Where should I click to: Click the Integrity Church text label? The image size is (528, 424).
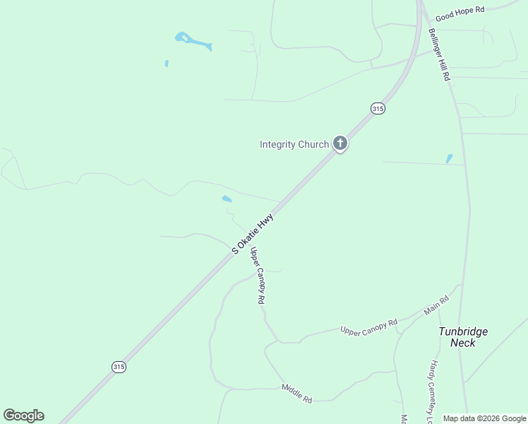(x=294, y=144)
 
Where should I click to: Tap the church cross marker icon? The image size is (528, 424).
(x=340, y=144)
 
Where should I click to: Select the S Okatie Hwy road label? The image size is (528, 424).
(x=252, y=235)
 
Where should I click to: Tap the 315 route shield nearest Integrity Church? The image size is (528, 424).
(x=378, y=108)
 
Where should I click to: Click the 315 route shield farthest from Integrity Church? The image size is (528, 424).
(x=119, y=366)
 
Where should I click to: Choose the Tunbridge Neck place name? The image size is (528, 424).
(x=463, y=336)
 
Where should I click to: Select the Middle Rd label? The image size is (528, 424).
(x=296, y=393)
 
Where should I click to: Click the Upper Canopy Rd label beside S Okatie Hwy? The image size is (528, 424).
(x=258, y=276)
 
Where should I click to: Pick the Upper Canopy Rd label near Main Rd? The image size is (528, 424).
(x=368, y=326)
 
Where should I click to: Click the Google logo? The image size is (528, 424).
(x=23, y=416)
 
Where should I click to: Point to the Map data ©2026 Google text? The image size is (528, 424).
(x=484, y=418)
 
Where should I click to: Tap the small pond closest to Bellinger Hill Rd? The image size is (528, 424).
(x=449, y=159)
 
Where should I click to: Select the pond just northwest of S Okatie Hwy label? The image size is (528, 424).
(x=227, y=199)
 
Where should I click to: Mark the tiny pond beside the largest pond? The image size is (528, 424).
(x=167, y=64)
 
